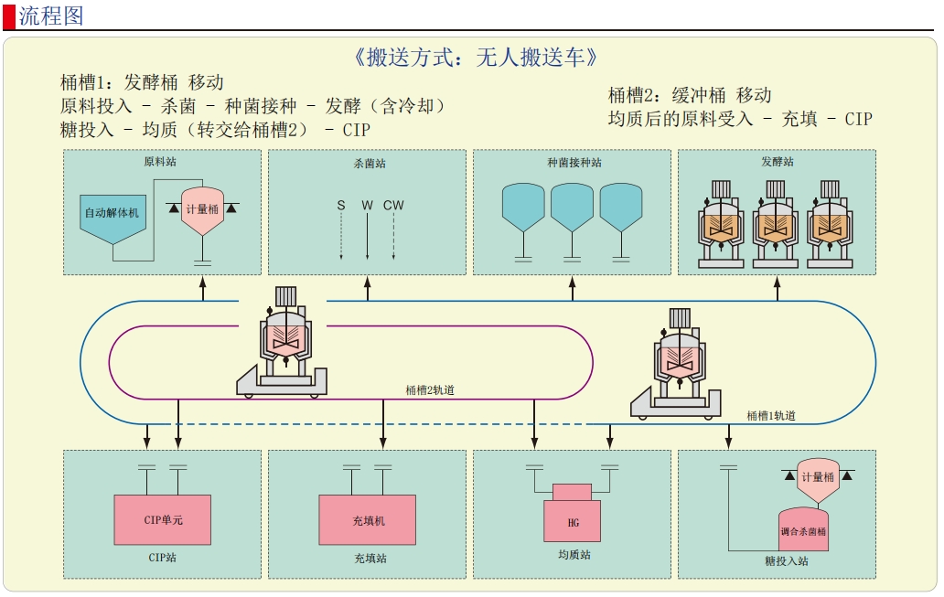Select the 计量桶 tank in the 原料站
click(202, 209)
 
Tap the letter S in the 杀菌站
click(341, 206)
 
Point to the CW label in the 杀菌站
click(393, 206)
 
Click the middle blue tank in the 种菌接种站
click(572, 206)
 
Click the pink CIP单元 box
click(163, 520)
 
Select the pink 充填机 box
click(368, 520)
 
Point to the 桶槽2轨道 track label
click(430, 390)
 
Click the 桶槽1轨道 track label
click(770, 416)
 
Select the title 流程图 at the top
click(51, 16)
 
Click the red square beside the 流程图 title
click(9, 16)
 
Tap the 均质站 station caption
click(574, 555)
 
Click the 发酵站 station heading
click(778, 162)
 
